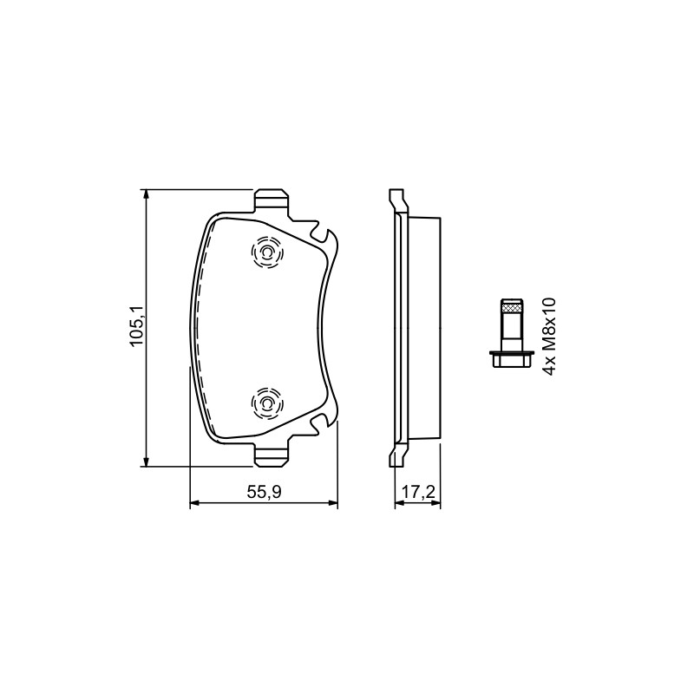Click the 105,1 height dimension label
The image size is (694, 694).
(136, 326)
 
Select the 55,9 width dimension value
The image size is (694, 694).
(265, 492)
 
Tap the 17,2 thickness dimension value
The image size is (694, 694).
(418, 492)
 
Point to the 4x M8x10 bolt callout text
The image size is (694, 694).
(548, 337)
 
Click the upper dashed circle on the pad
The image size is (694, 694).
(267, 252)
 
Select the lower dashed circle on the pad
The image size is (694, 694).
(267, 403)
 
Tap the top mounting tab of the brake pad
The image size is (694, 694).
(272, 200)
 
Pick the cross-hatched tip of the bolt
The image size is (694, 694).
(511, 306)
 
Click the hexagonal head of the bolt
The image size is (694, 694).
(511, 360)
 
